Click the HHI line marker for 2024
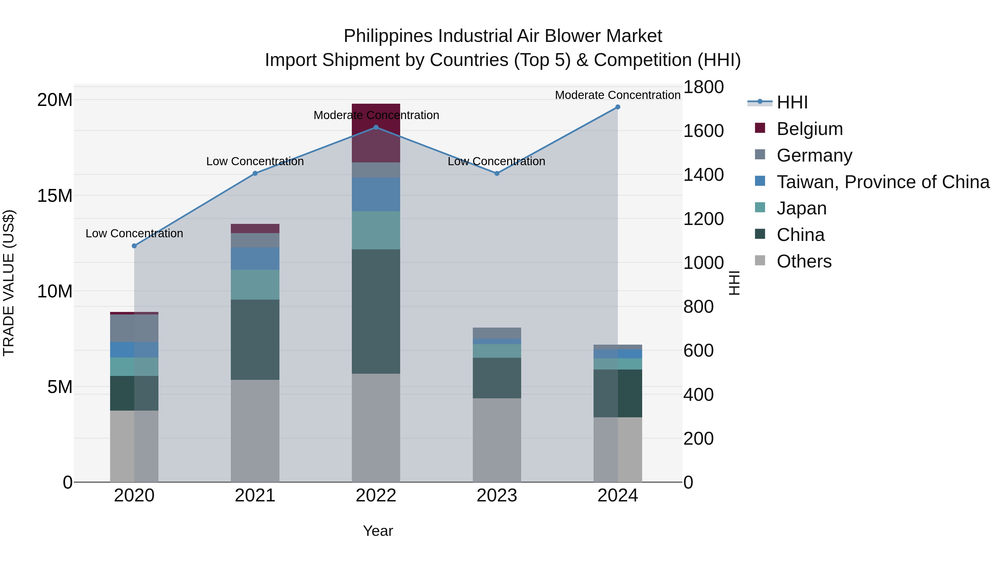(617, 107)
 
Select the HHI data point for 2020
(134, 246)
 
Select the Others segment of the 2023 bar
(497, 440)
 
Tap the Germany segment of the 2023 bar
(497, 333)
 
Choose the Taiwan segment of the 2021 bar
(255, 258)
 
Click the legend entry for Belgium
(809, 129)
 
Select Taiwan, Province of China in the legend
(882, 182)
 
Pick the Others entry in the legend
(804, 261)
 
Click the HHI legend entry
(792, 102)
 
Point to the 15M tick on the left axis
(55, 195)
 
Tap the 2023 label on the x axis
(497, 496)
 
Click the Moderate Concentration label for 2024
(617, 95)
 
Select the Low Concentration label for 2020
(134, 234)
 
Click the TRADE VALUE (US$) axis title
(9, 283)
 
